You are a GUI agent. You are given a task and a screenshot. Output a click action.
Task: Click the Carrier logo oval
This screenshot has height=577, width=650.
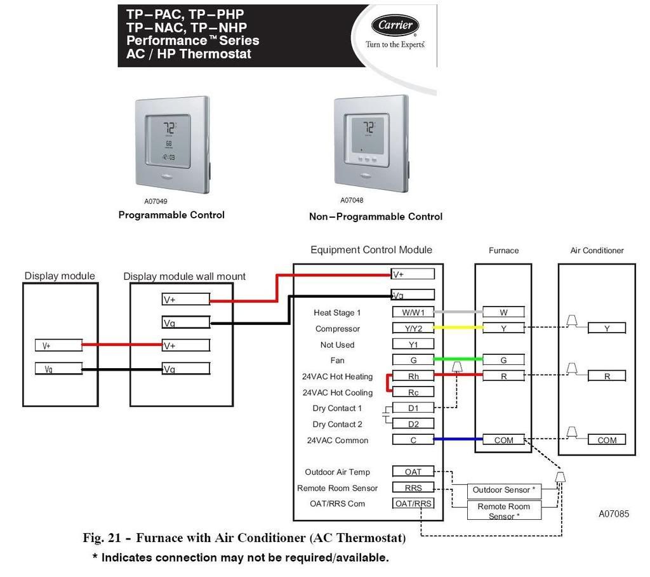395,25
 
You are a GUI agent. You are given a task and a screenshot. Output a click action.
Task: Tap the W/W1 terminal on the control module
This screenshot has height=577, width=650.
413,312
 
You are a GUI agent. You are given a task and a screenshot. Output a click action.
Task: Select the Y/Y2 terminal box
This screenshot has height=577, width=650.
413,328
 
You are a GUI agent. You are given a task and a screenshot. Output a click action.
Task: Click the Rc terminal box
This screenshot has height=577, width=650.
413,392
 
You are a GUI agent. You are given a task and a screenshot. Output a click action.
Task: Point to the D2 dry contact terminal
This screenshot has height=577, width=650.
413,423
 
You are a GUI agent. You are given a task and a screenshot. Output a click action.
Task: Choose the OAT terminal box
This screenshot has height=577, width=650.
413,472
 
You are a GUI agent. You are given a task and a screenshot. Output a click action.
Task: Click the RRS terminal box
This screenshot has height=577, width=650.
413,487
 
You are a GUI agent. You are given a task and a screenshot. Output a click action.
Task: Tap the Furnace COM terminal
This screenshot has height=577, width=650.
503,440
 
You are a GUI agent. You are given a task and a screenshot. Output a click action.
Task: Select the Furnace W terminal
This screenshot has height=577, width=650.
503,312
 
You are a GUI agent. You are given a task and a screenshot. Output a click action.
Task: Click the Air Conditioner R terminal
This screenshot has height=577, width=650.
607,376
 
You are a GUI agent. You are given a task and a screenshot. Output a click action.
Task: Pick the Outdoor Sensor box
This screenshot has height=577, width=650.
504,491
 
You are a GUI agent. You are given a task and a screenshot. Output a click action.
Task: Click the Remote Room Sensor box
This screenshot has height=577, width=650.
504,510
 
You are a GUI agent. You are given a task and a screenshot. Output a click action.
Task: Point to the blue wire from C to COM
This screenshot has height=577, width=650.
458,439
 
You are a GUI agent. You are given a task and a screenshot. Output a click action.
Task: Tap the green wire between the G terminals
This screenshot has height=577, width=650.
458,359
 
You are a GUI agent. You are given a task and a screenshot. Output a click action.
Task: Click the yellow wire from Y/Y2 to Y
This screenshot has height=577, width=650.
458,328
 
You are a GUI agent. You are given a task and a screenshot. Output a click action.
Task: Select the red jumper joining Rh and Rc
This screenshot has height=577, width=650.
388,383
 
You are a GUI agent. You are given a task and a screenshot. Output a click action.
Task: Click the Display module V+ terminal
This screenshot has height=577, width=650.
58,345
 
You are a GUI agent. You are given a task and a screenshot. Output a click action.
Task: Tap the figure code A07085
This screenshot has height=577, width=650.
614,514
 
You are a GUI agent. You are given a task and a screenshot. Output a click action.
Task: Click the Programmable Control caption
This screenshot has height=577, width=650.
171,215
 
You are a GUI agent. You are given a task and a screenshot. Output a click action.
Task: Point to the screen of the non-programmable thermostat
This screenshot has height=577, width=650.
368,134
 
